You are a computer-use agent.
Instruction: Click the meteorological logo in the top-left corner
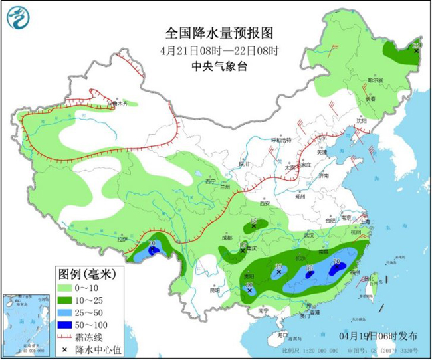(21, 21)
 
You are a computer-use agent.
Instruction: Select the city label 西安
(266, 204)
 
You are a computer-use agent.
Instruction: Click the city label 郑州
(300, 197)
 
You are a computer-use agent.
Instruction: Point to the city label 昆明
(213, 290)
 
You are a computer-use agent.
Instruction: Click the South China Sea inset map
(27, 321)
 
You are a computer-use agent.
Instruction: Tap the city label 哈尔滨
(376, 80)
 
